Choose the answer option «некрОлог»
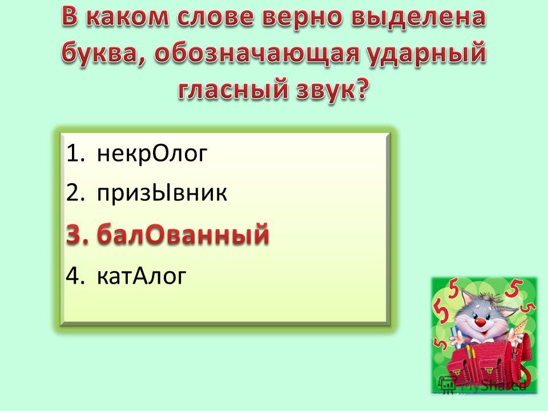coord(152,154)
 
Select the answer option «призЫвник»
coord(162,192)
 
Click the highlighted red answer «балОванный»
coord(183,233)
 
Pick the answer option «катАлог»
coord(141,276)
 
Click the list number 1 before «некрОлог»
coord(72,153)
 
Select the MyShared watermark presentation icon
coord(447,384)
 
